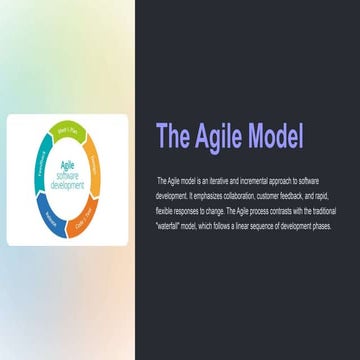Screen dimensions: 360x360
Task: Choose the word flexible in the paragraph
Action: click(164, 211)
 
